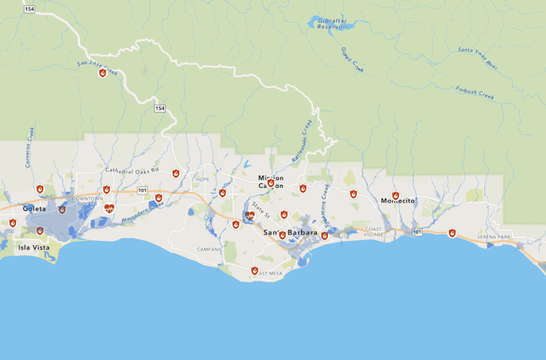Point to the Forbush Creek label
pyautogui.click(x=475, y=93)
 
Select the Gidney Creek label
pyautogui.click(x=353, y=60)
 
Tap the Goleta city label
pyautogui.click(x=34, y=209)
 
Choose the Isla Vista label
pyautogui.click(x=32, y=247)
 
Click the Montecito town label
pyautogui.click(x=398, y=201)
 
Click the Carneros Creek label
pyautogui.click(x=29, y=148)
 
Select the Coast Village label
pyautogui.click(x=373, y=231)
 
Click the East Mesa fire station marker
pyautogui.click(x=254, y=271)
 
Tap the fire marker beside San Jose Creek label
pyautogui.click(x=102, y=73)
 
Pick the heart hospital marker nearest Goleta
pyautogui.click(x=109, y=208)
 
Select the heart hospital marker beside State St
pyautogui.click(x=250, y=216)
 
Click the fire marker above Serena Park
pyautogui.click(x=452, y=233)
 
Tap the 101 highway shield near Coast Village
pyautogui.click(x=418, y=231)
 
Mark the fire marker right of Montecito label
pyautogui.click(x=396, y=195)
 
